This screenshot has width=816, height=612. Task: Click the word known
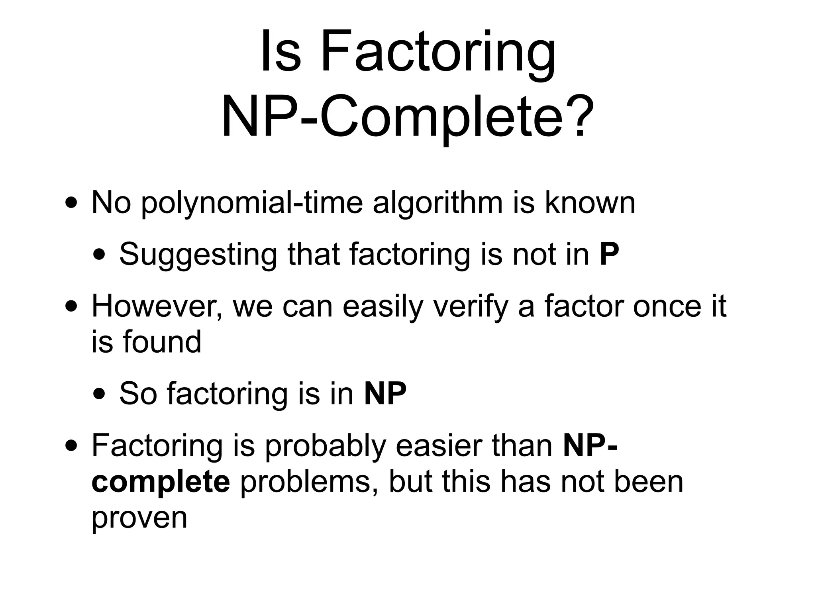(590, 203)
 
